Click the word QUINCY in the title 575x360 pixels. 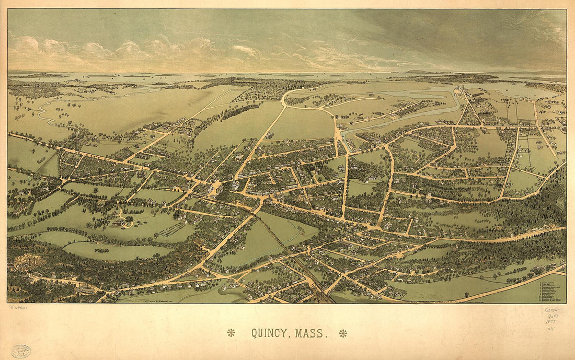point(271,333)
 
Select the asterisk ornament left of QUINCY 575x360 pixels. point(231,332)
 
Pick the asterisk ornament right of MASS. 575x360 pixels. point(343,333)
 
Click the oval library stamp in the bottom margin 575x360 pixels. point(20,351)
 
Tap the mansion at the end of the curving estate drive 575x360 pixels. point(120,222)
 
